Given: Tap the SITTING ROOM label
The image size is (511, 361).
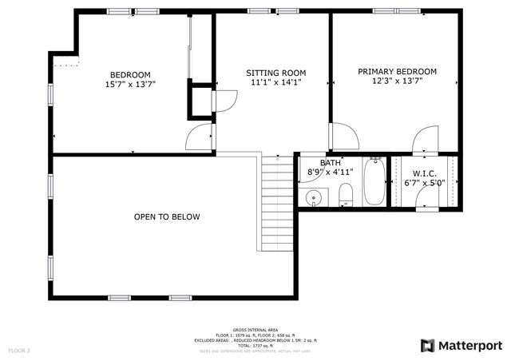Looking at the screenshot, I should (275, 73).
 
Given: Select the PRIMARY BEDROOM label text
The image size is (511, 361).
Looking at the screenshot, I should (397, 71).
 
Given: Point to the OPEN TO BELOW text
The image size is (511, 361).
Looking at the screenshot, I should (167, 216).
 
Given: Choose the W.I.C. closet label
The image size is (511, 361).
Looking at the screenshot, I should (423, 173).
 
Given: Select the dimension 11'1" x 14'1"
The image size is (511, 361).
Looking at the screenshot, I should (275, 82).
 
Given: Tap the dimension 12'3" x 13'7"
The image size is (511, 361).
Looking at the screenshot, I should (397, 81).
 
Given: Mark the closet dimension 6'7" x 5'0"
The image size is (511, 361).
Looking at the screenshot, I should (423, 182).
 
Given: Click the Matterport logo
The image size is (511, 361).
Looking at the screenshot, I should (461, 345).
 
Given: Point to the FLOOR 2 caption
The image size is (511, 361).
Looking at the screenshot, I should (18, 350).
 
